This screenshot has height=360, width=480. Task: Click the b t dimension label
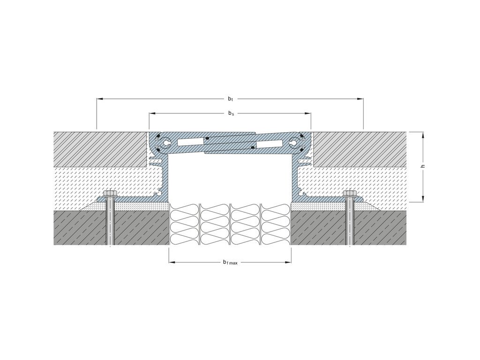tap(230, 99)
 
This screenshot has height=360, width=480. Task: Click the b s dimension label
tap(231, 113)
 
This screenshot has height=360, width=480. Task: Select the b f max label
tap(230, 262)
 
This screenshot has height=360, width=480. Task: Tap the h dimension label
tap(423, 166)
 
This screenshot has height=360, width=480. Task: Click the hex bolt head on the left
tap(111, 194)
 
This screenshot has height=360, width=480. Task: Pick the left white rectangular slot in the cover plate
tap(190, 141)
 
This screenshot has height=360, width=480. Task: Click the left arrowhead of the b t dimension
tap(100, 99)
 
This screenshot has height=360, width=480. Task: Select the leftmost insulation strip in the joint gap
tap(184, 225)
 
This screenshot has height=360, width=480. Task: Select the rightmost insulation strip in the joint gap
tap(276, 225)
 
